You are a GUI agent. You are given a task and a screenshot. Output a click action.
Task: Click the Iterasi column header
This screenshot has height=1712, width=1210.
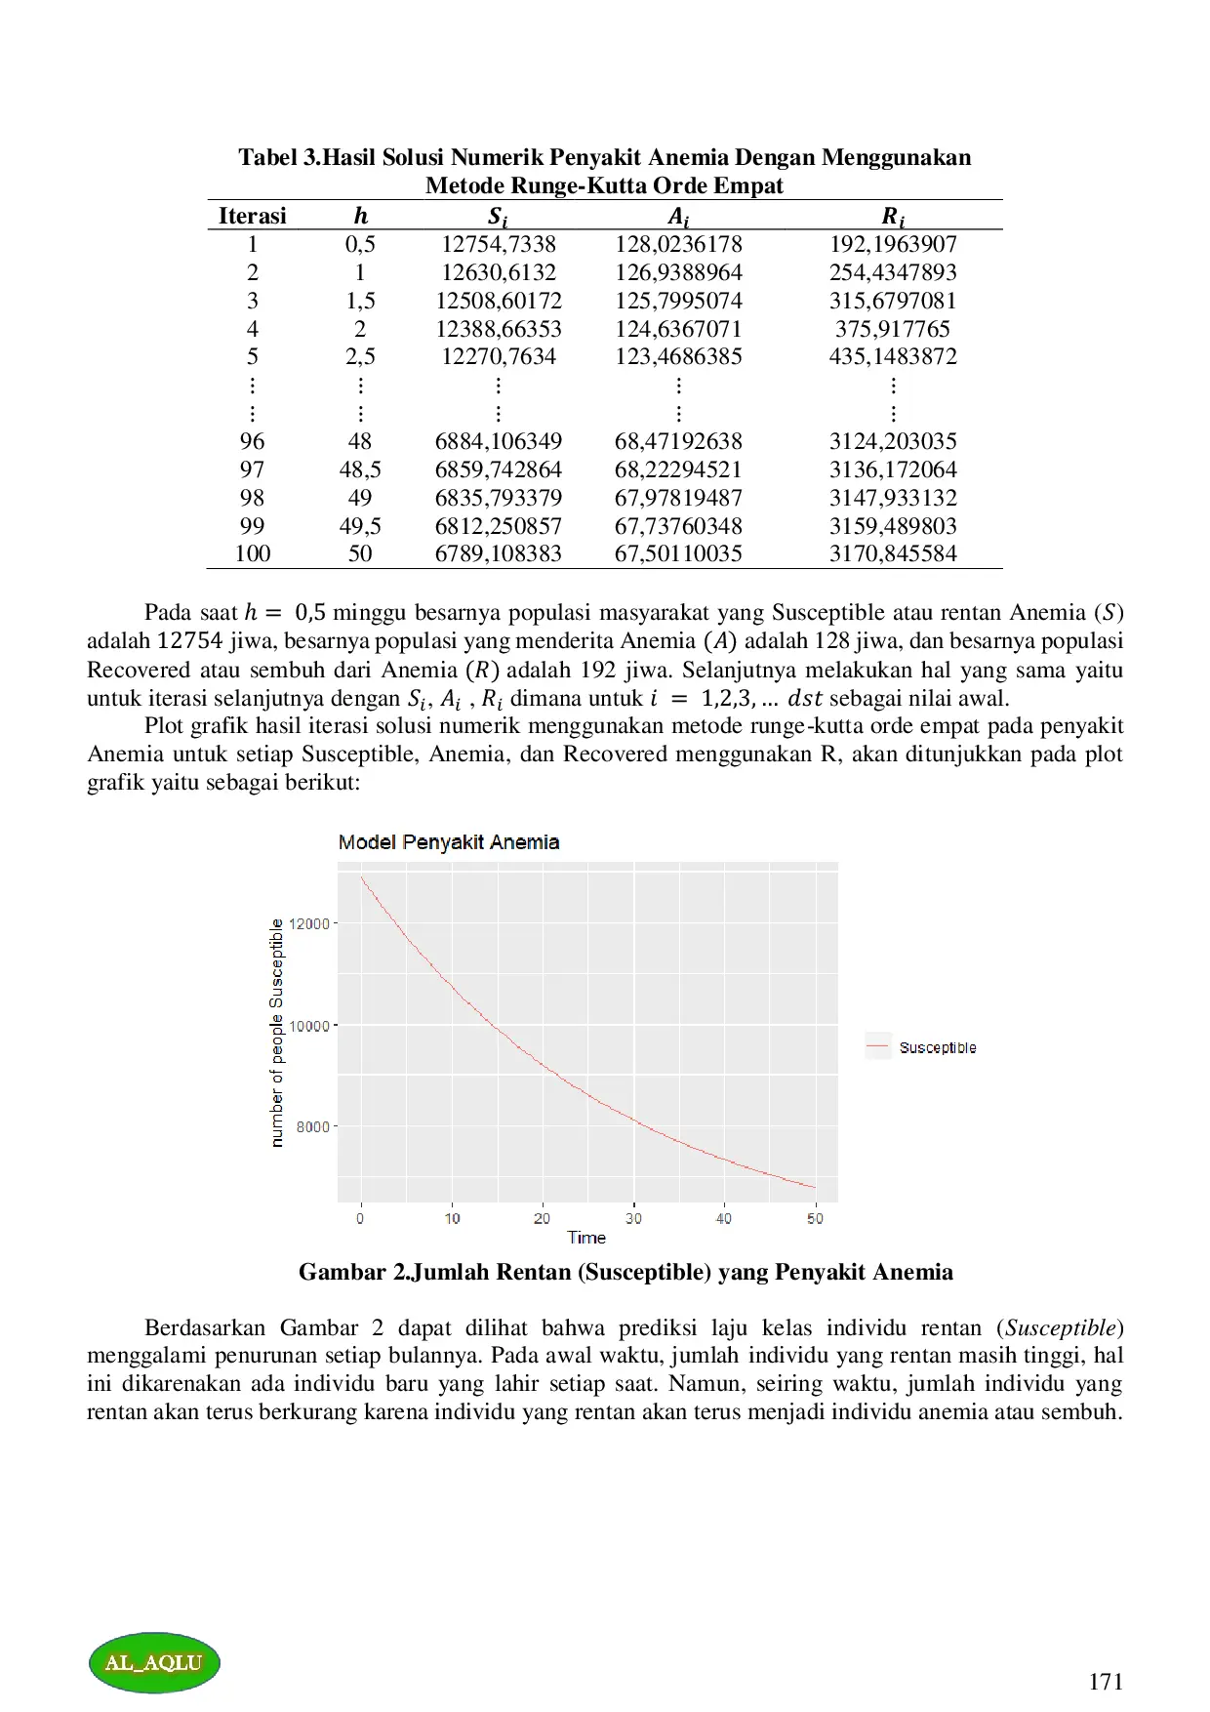tap(252, 216)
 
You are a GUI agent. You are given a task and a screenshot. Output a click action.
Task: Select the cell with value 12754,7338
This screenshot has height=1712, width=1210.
tap(498, 244)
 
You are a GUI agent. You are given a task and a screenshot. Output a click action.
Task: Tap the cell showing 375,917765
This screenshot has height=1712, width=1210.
tap(892, 329)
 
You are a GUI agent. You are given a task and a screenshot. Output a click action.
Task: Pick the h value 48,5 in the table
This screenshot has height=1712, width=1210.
tap(360, 469)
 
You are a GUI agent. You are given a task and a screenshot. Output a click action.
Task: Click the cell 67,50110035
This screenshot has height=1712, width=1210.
tap(677, 553)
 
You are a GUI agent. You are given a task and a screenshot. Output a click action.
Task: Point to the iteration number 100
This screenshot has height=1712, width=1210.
tap(252, 553)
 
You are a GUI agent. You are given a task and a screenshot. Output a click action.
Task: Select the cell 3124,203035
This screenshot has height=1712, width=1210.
tap(892, 441)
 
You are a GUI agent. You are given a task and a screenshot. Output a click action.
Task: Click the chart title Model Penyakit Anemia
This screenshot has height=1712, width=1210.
tap(448, 842)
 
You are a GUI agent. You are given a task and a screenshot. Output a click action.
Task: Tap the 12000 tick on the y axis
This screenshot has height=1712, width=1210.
tap(313, 923)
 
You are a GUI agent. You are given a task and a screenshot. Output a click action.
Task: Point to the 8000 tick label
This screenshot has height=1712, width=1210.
tap(313, 1126)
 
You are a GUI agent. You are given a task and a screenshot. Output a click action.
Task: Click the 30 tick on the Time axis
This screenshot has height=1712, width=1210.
tap(633, 1218)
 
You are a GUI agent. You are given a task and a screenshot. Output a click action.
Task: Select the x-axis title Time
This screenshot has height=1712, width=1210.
tap(586, 1238)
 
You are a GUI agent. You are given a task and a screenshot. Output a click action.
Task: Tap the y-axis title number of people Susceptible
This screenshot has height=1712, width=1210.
tap(277, 1032)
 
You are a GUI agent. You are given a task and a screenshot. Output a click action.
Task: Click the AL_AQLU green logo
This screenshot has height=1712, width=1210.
tap(154, 1662)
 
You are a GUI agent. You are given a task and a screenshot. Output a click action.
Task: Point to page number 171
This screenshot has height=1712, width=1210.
tap(1105, 1681)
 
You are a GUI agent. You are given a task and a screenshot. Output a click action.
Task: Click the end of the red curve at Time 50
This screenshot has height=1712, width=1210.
tap(815, 1187)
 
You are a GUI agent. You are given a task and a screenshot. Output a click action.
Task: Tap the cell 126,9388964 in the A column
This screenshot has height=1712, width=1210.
tap(677, 272)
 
